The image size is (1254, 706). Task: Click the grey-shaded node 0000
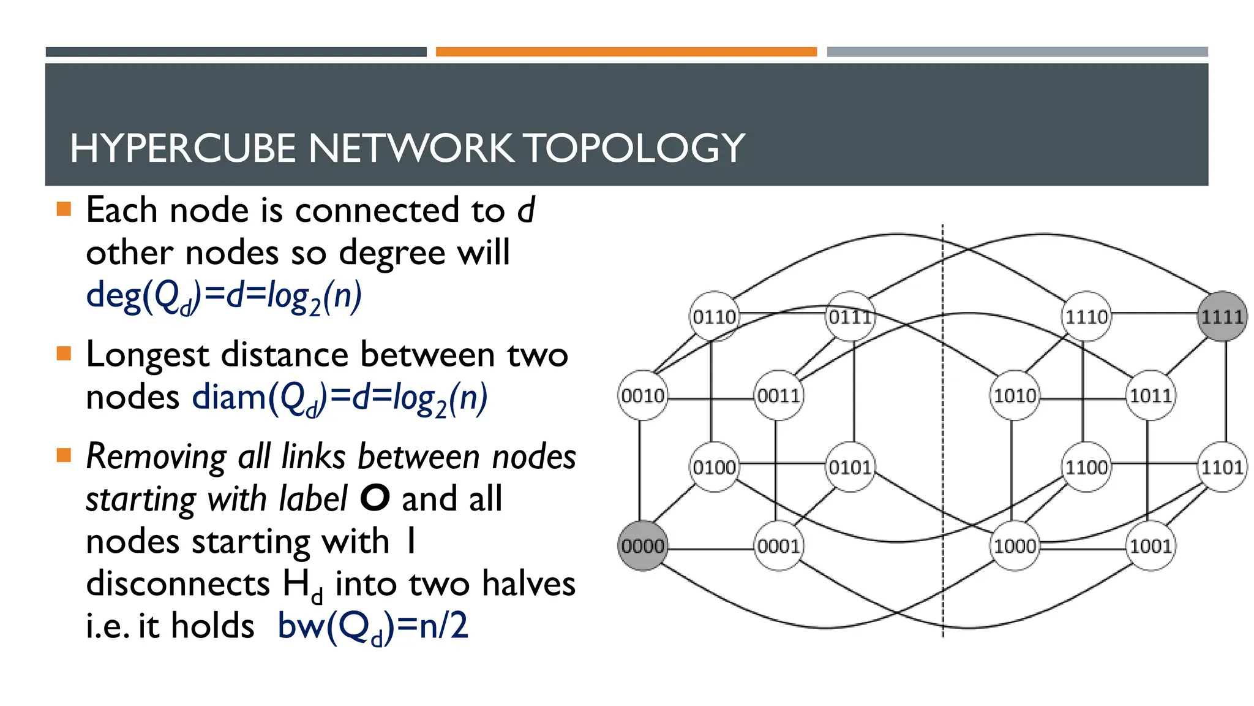[642, 545]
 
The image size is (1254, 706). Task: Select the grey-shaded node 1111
[1222, 316]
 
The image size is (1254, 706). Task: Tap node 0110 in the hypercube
[714, 316]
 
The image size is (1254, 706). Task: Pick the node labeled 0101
[850, 467]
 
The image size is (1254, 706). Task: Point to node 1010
[1015, 395]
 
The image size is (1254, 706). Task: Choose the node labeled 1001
[1151, 545]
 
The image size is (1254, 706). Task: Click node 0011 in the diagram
[778, 395]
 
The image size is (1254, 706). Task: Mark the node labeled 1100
[1086, 467]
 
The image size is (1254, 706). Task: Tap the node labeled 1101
[1222, 467]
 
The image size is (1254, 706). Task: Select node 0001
[778, 545]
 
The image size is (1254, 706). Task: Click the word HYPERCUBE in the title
[183, 148]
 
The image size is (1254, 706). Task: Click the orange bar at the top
[626, 52]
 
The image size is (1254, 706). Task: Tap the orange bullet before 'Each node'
[64, 210]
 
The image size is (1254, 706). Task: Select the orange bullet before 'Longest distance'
[64, 354]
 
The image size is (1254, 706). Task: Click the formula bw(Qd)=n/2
[373, 626]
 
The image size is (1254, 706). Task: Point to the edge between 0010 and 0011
[710, 399]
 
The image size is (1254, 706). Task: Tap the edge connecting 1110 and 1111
[1154, 313]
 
